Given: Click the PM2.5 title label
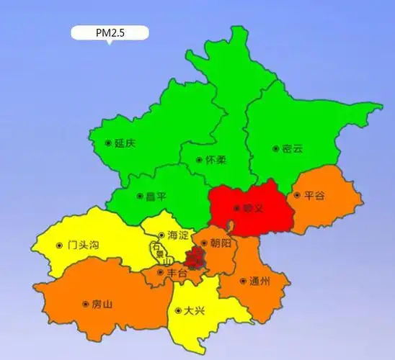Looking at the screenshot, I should point(110,32).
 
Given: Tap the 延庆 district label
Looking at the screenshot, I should point(125,143).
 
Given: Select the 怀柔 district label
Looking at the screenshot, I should point(216,160).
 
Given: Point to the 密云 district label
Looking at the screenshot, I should point(292,148).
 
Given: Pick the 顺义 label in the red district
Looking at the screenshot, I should point(252,208).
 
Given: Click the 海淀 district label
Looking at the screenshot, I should point(177,235).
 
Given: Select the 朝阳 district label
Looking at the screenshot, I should point(221,245).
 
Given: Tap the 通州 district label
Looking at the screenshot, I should point(259,282).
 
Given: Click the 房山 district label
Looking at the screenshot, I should point(102,304).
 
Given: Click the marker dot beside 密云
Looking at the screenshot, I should point(275,149).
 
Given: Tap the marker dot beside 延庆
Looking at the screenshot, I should point(108,143).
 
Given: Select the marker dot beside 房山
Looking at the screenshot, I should point(85,304).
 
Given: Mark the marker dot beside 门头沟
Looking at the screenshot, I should point(58,245).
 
